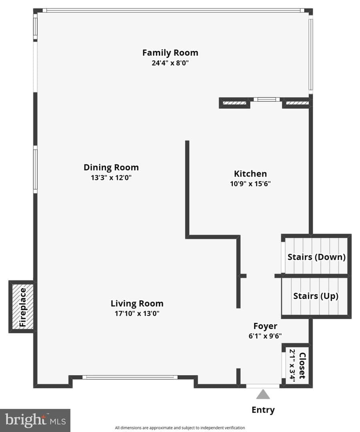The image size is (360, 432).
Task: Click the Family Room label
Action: click(170, 53)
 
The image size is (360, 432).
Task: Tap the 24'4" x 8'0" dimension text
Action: click(170, 63)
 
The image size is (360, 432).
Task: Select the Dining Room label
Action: click(111, 167)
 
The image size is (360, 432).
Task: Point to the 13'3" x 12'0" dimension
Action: click(111, 178)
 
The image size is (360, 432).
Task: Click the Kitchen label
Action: click(251, 174)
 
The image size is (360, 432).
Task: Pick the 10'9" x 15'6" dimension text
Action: click(251, 184)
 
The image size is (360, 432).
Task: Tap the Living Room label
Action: click(137, 303)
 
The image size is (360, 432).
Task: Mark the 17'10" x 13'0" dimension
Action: click(137, 314)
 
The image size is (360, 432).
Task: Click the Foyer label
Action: click(265, 326)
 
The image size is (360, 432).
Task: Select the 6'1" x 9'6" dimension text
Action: click(265, 336)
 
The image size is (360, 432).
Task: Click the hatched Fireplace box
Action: click(22, 307)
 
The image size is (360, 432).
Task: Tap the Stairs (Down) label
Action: click(317, 257)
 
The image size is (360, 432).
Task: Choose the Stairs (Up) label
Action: click(316, 296)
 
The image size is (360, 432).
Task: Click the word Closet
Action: click(303, 366)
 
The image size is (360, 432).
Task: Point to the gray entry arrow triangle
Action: click(263, 394)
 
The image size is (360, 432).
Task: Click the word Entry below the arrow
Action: click(263, 410)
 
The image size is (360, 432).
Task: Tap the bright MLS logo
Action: click(35, 420)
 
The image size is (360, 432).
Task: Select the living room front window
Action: click(130, 377)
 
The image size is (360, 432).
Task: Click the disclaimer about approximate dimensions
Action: click(180, 428)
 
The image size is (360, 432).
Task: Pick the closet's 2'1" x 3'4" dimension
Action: click(292, 366)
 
